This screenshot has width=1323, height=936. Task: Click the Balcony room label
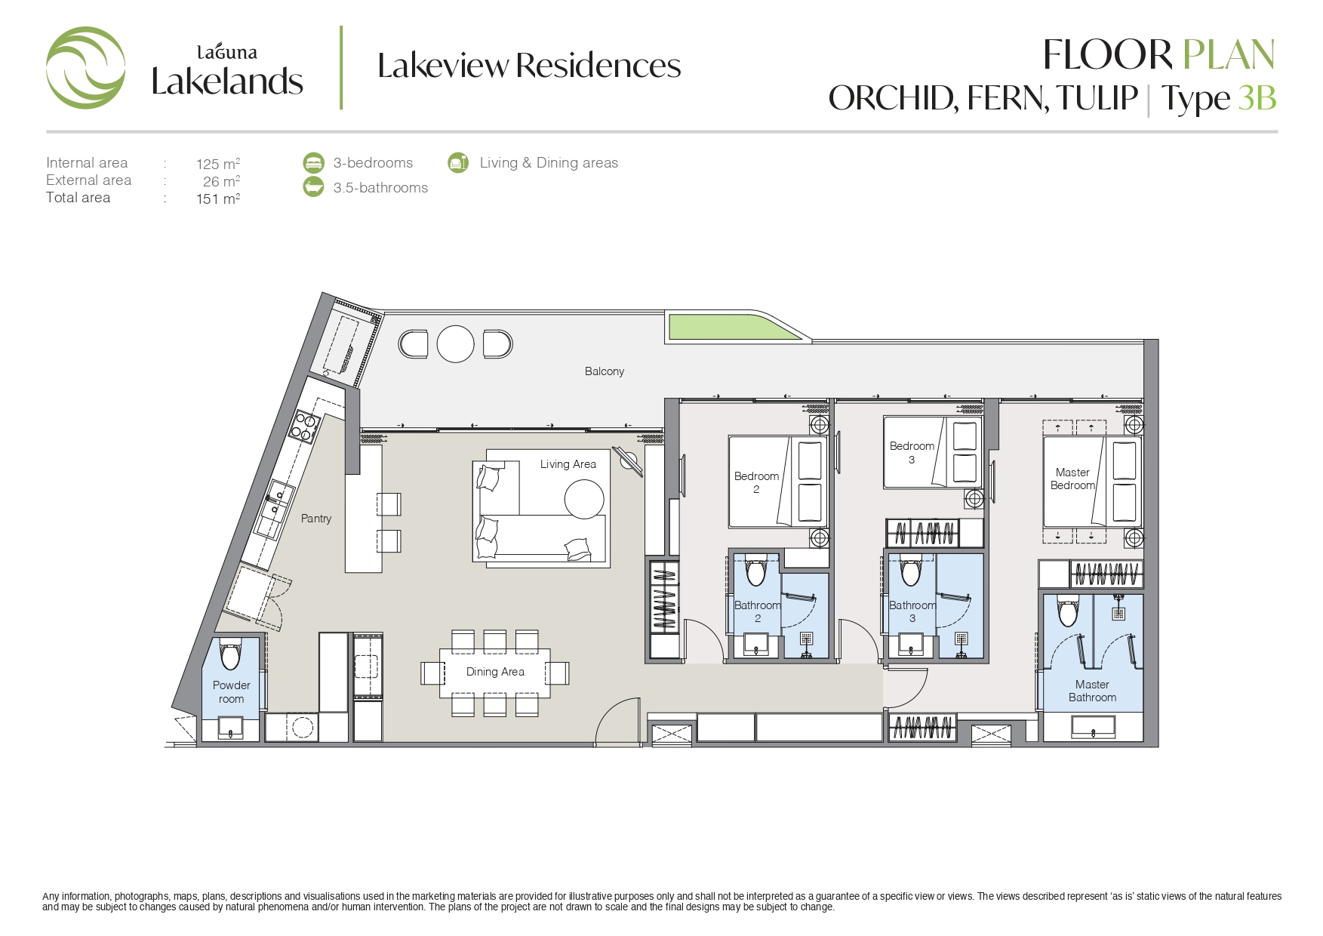point(604,371)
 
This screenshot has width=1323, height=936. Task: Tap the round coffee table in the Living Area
point(584,499)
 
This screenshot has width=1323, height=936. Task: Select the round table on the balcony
point(455,343)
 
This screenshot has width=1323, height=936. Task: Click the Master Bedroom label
point(1072,479)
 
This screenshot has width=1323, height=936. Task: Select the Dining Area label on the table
point(495,672)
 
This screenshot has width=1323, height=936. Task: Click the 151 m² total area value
point(218,199)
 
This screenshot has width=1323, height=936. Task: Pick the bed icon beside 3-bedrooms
point(313,162)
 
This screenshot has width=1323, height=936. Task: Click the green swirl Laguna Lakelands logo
point(85,68)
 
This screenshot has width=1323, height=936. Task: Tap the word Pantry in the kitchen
point(316,519)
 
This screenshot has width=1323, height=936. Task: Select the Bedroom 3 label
point(912,452)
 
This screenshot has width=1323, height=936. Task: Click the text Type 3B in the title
point(1218,99)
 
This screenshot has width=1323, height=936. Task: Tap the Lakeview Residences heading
point(529,66)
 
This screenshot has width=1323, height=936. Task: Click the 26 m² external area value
point(221,181)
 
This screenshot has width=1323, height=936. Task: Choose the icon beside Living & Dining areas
point(458,162)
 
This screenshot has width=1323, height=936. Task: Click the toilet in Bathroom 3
point(911,571)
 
